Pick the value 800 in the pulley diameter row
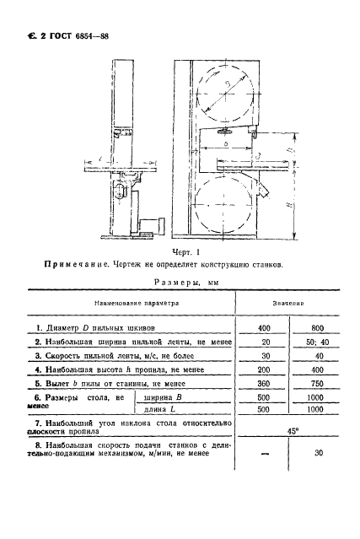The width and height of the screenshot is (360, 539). tap(312, 326)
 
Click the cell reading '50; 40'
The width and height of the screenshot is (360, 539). tap(312, 342)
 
